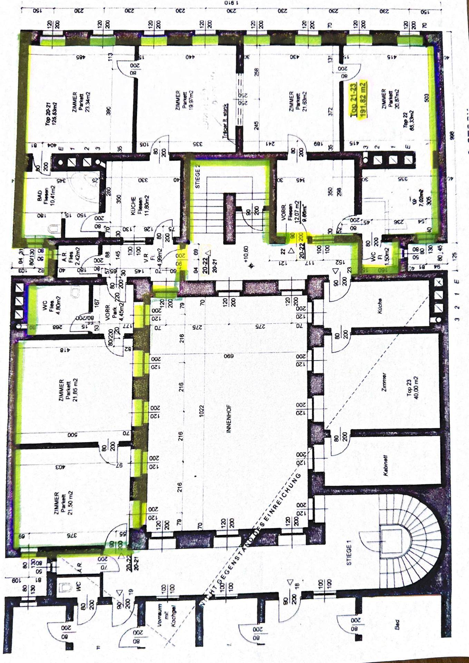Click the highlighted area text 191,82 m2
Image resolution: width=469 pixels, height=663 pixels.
pyautogui.click(x=363, y=100)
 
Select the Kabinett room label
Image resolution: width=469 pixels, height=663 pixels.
pyautogui.click(x=385, y=465)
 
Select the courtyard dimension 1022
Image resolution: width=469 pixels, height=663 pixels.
pyautogui.click(x=201, y=411)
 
